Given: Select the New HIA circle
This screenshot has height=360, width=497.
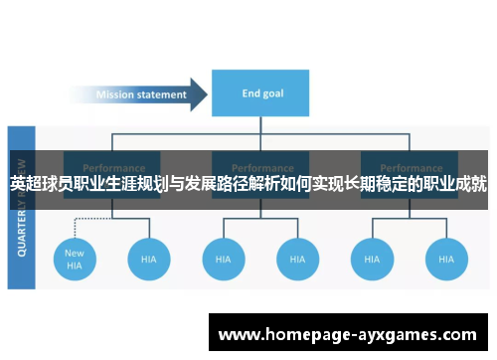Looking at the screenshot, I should [x=75, y=259].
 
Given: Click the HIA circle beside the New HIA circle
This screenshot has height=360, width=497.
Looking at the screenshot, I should [x=148, y=259].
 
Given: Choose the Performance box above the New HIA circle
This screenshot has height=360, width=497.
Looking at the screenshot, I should [x=112, y=167].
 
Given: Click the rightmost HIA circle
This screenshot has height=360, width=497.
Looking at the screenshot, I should [x=446, y=259].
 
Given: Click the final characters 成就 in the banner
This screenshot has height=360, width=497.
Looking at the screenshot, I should [x=470, y=184].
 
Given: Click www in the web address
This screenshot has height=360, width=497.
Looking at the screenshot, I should [x=241, y=335].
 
